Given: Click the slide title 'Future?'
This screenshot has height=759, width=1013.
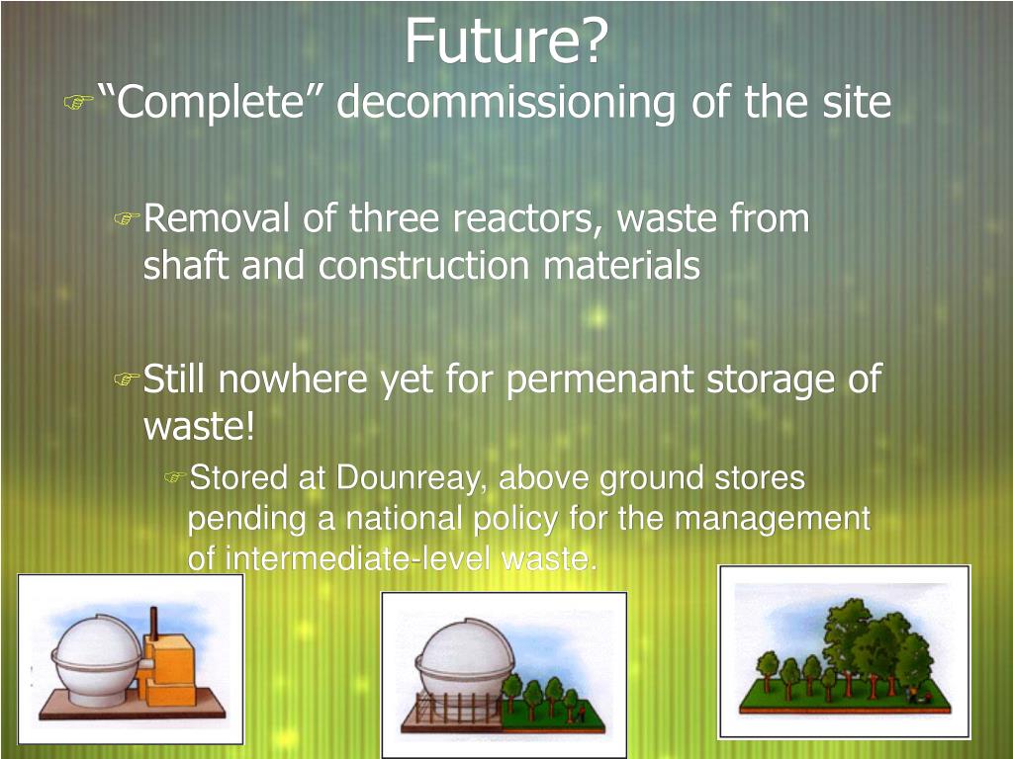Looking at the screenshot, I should (x=506, y=42).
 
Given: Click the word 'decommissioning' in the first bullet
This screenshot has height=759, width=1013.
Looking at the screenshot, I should (x=506, y=103).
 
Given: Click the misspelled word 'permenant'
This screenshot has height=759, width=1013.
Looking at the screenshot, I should (x=601, y=380).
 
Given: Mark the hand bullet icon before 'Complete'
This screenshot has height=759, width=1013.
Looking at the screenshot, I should (x=78, y=101).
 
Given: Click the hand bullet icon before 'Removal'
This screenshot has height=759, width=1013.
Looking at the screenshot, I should (x=127, y=218).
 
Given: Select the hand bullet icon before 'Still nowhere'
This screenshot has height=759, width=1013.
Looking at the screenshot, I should (x=127, y=379).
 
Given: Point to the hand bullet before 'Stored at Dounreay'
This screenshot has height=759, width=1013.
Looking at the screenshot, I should (x=174, y=479).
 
